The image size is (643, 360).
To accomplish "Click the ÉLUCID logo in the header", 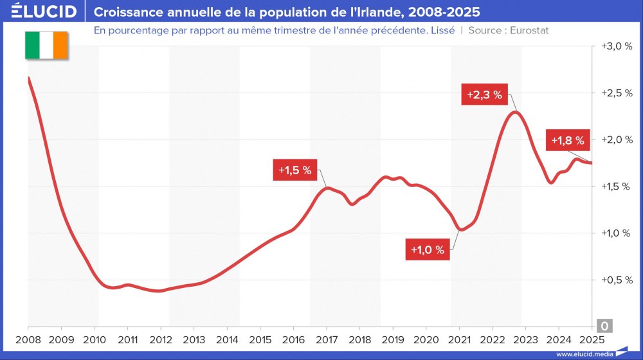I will [x=40, y=12].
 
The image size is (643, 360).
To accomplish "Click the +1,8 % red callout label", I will [x=568, y=140].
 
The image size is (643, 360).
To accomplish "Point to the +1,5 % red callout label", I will [x=294, y=170].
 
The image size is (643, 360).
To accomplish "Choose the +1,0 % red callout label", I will [x=428, y=250].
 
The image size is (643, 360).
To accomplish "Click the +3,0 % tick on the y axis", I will [x=617, y=46].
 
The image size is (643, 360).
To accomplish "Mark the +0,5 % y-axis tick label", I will [x=617, y=280].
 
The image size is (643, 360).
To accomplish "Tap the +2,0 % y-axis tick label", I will [x=617, y=139].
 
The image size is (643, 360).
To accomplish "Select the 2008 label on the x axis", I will [x=28, y=339].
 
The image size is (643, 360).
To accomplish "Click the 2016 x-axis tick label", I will [x=293, y=339].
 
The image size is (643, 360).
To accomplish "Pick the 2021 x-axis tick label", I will [x=459, y=339].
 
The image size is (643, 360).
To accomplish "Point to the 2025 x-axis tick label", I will [x=592, y=339].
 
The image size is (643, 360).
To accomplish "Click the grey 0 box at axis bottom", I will [x=605, y=325].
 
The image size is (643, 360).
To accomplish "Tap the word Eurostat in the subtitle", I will [x=529, y=30].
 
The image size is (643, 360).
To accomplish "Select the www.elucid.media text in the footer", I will [x=583, y=354].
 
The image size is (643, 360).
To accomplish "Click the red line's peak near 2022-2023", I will [x=513, y=113].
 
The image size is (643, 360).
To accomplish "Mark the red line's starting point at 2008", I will [x=29, y=78].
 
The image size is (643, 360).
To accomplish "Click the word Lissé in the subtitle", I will [x=443, y=30].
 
